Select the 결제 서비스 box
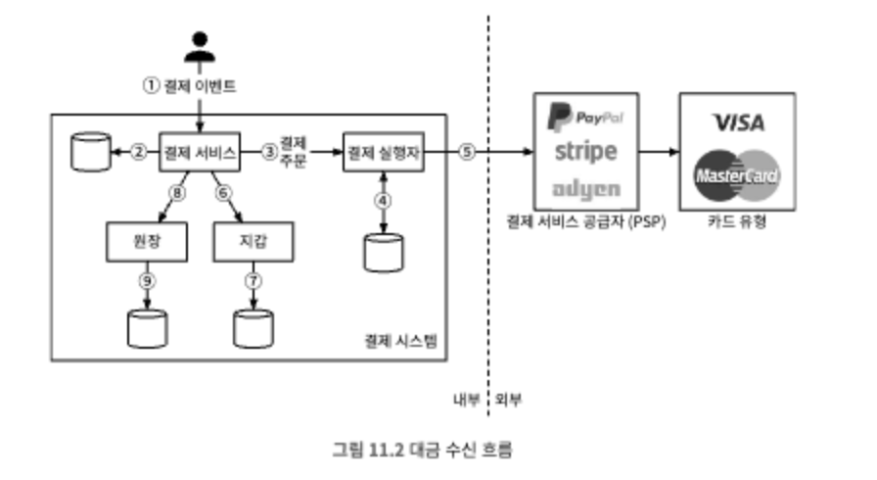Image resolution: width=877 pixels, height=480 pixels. [x=200, y=152]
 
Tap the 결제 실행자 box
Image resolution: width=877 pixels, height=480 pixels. [x=383, y=152]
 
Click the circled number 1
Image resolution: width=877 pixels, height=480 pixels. [x=151, y=85]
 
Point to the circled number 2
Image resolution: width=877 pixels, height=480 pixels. [x=139, y=152]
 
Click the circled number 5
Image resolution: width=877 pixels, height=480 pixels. [x=467, y=152]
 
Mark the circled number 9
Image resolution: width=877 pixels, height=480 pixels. [x=146, y=282]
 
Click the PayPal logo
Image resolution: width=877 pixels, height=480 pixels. [x=585, y=120]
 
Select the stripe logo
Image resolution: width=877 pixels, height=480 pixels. [x=585, y=152]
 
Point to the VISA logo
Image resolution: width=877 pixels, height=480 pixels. [x=738, y=121]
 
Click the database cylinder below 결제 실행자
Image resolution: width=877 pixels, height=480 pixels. [x=383, y=252]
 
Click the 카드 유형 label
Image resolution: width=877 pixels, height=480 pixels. [x=737, y=222]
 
